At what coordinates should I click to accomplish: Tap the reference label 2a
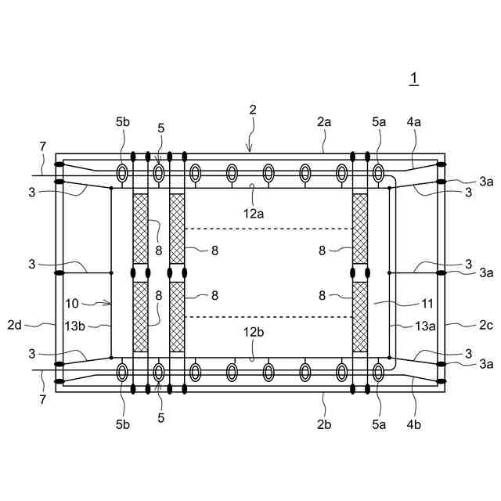(x=324, y=122)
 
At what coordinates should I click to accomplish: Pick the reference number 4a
(x=414, y=122)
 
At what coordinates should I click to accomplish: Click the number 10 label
(x=72, y=302)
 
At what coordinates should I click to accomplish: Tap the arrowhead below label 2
(x=250, y=147)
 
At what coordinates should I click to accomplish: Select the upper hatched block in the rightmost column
(x=360, y=229)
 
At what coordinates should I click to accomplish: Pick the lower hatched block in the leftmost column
(x=141, y=317)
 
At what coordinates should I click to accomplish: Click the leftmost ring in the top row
(x=123, y=172)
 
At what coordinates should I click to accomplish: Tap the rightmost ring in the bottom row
(x=378, y=373)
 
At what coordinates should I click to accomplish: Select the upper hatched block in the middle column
(x=177, y=229)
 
